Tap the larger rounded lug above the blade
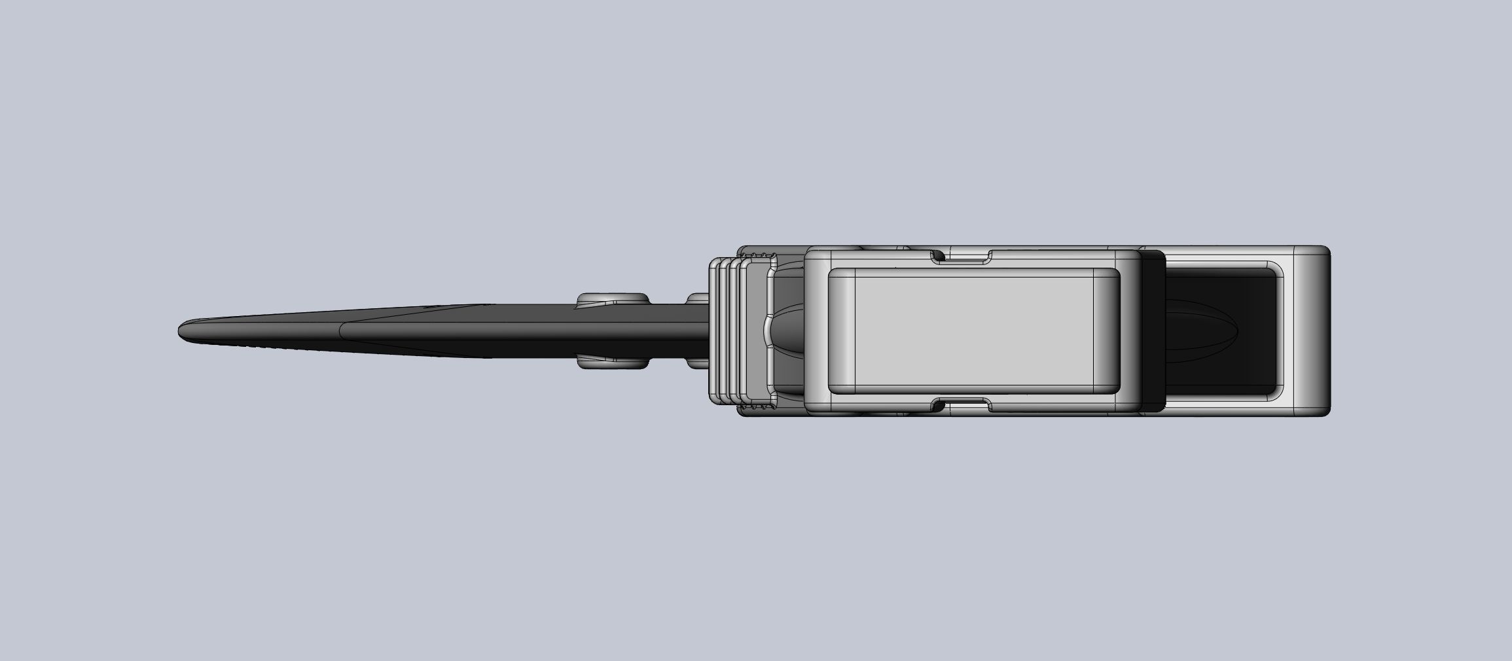[612, 300]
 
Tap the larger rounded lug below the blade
[612, 362]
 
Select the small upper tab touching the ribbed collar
[698, 300]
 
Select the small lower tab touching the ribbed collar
[698, 363]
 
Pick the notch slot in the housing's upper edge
[962, 257]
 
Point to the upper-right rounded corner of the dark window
[1274, 270]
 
